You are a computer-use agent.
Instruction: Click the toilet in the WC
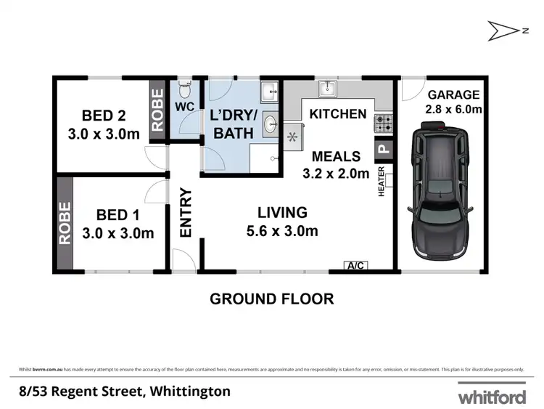pyautogui.click(x=184, y=92)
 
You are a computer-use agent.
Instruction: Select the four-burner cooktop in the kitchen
pyautogui.click(x=382, y=123)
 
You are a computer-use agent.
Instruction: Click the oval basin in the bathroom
pyautogui.click(x=270, y=123)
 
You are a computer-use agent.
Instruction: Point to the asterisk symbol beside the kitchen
pyautogui.click(x=293, y=136)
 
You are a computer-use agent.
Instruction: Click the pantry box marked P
pyautogui.click(x=382, y=151)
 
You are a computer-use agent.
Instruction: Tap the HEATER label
pyautogui.click(x=382, y=184)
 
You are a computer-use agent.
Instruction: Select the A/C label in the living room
pyautogui.click(x=356, y=266)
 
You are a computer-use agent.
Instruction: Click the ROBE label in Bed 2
pyautogui.click(x=157, y=110)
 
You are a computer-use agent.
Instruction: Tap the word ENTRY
pyautogui.click(x=185, y=213)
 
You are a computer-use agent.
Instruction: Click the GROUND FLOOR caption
pyautogui.click(x=271, y=299)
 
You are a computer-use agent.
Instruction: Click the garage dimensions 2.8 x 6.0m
pyautogui.click(x=454, y=109)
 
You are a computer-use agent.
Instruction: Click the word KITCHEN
pyautogui.click(x=338, y=114)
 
